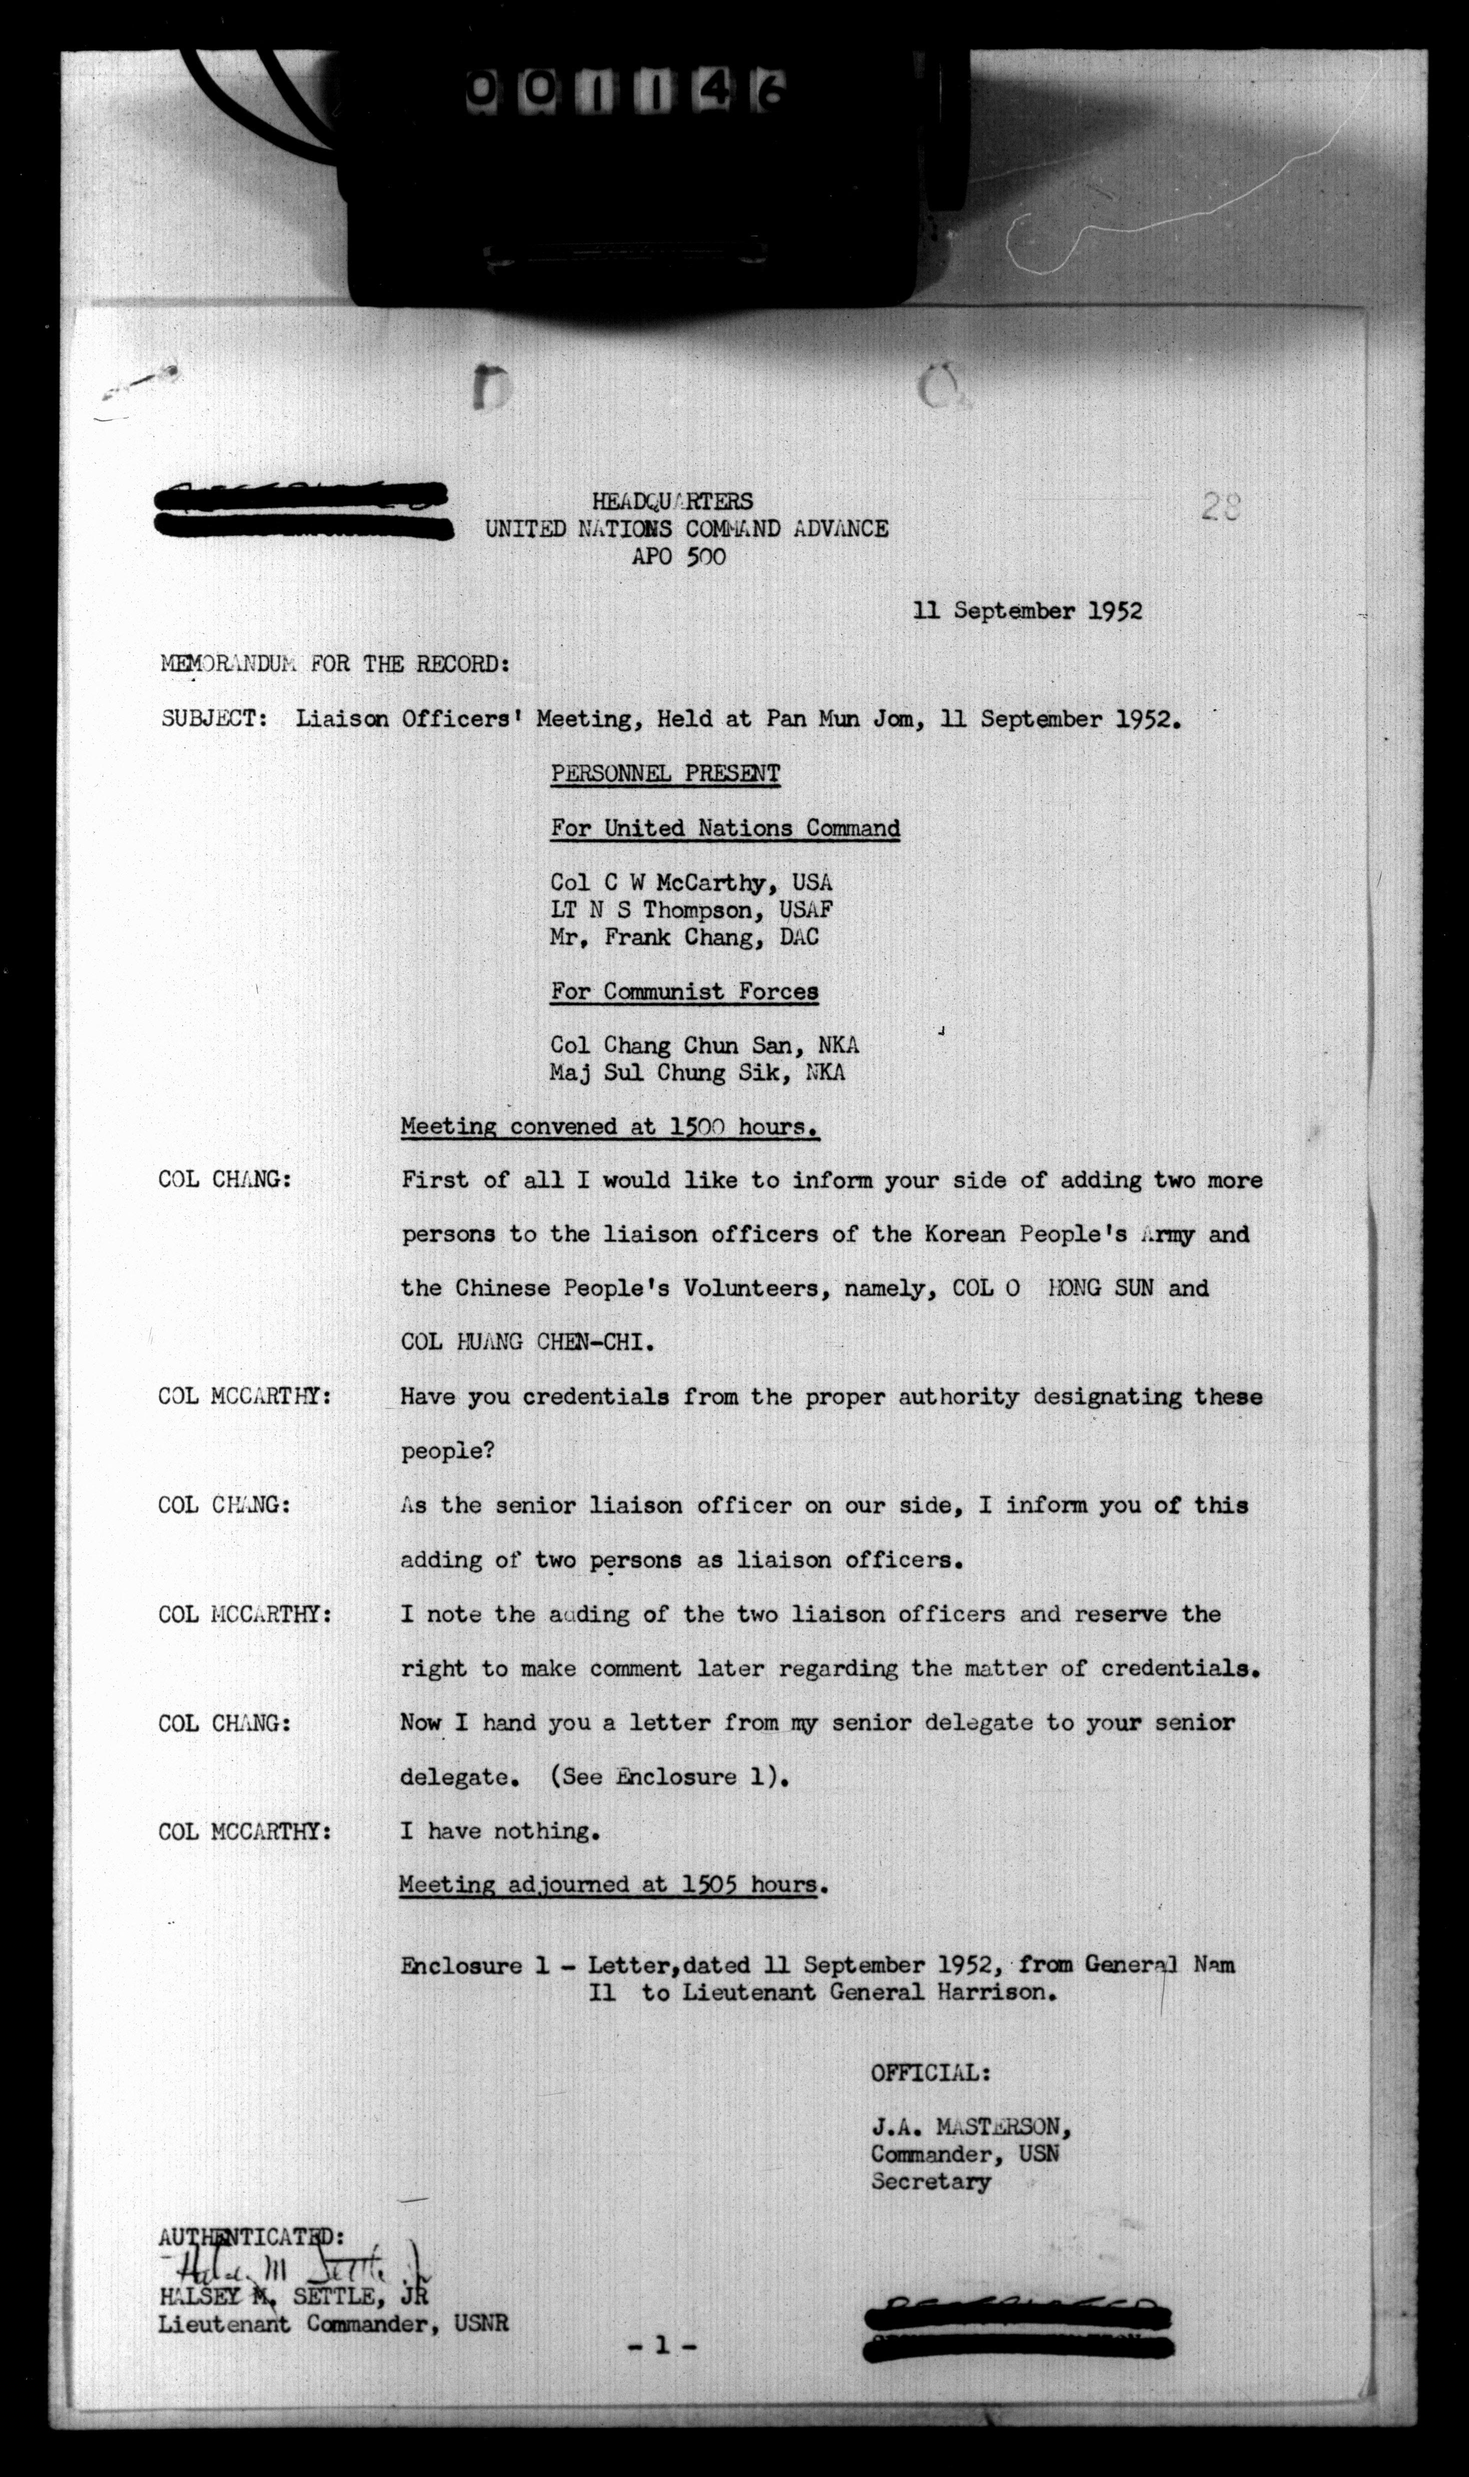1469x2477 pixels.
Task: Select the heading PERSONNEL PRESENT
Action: pos(665,774)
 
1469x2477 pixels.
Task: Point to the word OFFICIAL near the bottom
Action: pos(929,2072)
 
